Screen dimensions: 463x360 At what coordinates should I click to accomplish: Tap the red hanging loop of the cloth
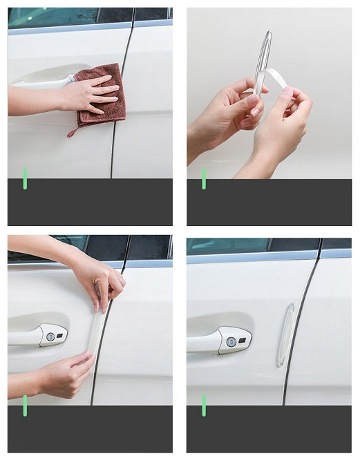[x=72, y=131]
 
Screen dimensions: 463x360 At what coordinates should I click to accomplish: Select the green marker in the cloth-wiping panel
[x=25, y=178]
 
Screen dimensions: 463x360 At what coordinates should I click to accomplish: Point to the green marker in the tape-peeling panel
[x=204, y=178]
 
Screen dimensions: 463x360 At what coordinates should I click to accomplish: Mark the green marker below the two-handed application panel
[x=25, y=405]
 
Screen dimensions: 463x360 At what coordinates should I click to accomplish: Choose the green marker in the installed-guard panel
[x=204, y=405]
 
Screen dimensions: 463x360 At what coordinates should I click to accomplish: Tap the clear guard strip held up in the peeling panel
[x=263, y=55]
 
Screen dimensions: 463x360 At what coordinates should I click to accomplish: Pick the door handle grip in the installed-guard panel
[x=207, y=339]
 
